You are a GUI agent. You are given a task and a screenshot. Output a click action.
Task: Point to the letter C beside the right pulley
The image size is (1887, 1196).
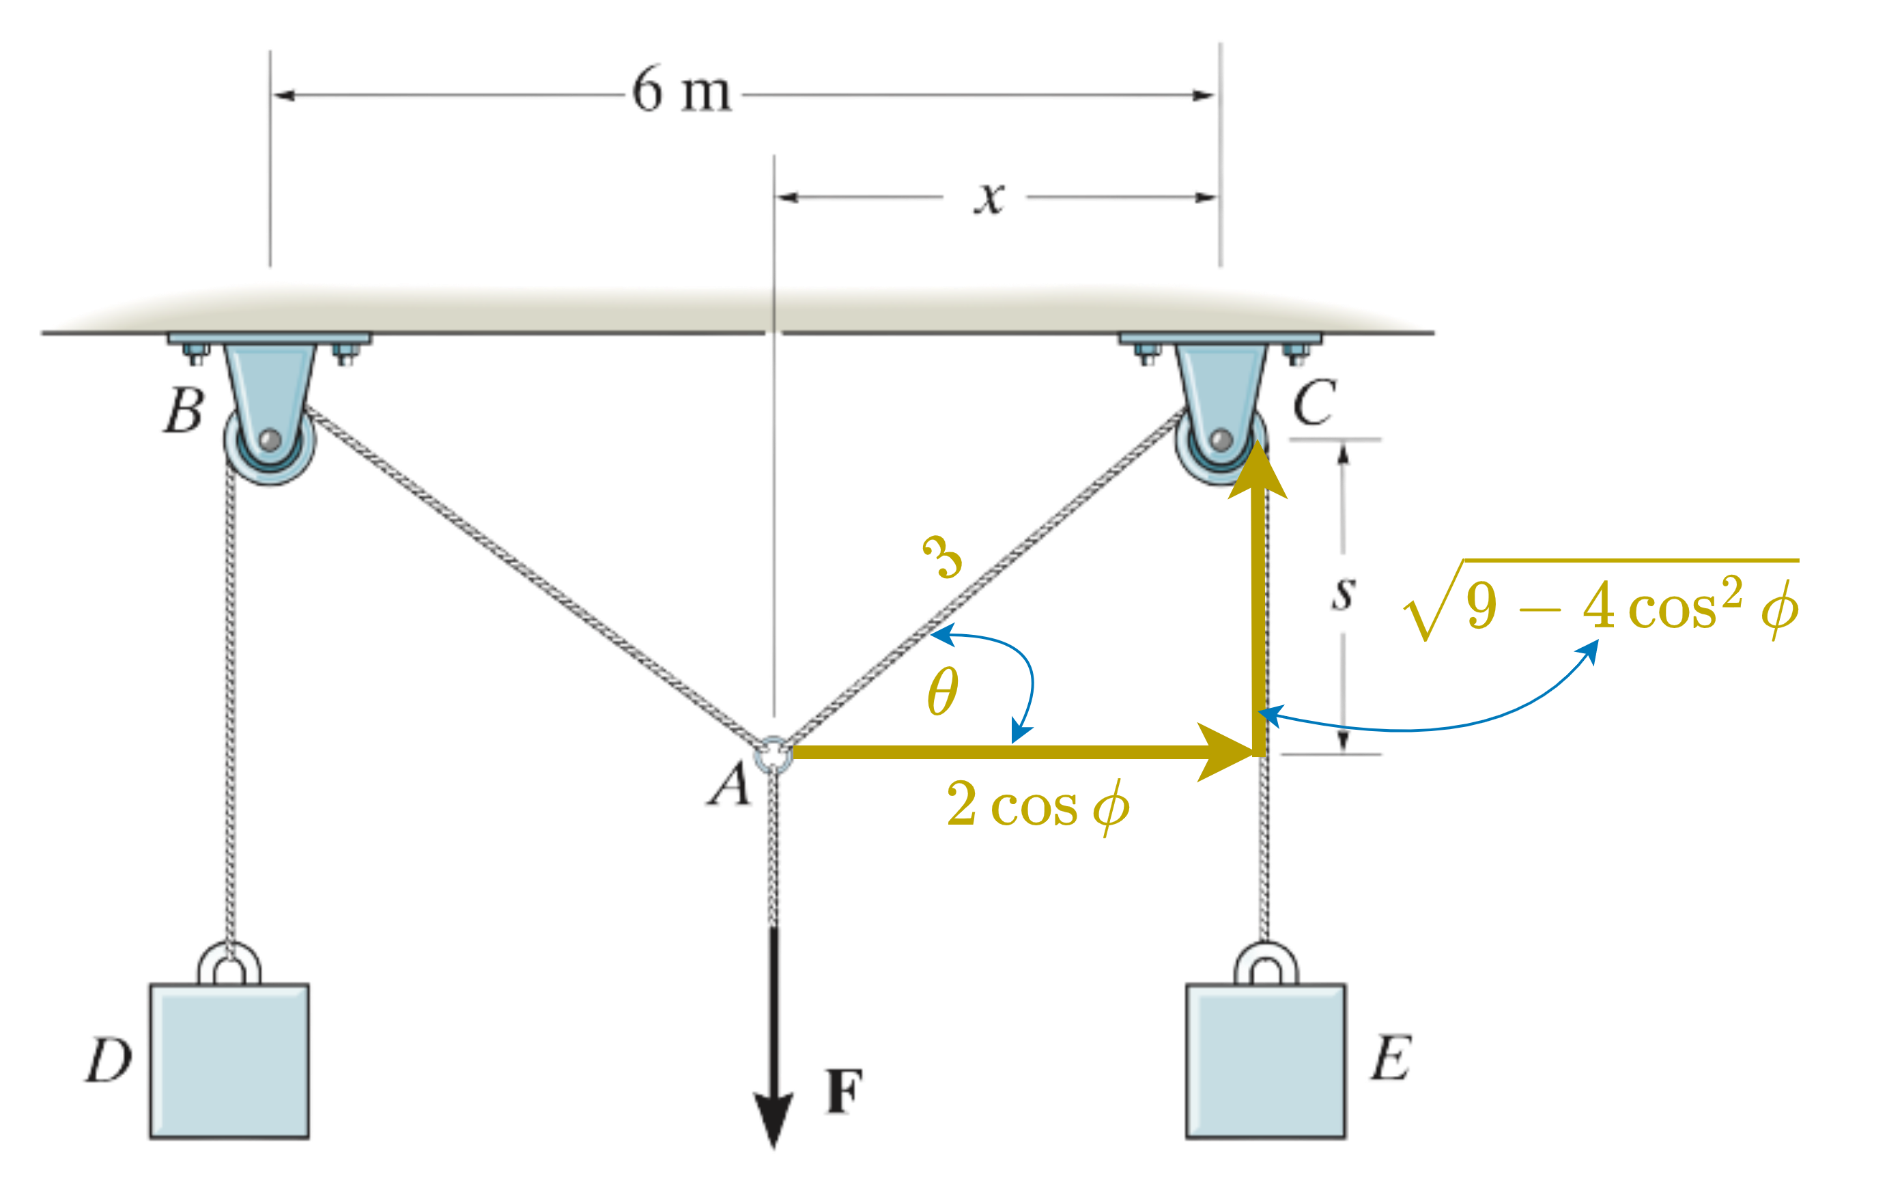click(1314, 401)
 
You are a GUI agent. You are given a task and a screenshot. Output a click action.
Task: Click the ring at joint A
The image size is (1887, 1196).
click(772, 756)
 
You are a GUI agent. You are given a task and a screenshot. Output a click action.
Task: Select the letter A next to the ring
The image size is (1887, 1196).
click(728, 786)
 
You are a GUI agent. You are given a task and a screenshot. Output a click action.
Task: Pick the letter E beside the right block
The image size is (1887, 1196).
click(1391, 1058)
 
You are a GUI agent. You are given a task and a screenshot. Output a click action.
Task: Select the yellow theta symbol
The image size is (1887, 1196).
click(942, 692)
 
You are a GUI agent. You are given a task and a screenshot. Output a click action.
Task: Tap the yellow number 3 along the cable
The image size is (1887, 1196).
click(942, 556)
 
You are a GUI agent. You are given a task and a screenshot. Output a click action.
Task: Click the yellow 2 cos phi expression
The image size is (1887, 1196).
click(1038, 806)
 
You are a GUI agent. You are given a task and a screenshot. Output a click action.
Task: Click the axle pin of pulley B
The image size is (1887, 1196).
click(270, 439)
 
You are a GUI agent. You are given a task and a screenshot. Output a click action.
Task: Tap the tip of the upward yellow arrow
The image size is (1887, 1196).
click(1257, 445)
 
